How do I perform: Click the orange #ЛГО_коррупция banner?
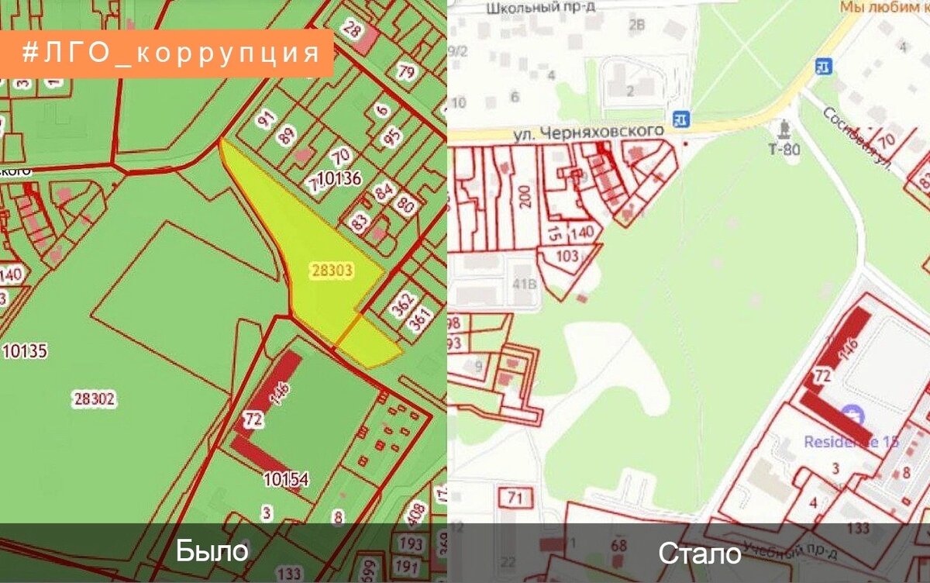tap(167, 53)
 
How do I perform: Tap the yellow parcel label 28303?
tap(332, 271)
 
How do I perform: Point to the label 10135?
tap(25, 351)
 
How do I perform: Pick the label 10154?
tap(285, 480)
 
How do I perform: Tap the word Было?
tap(212, 550)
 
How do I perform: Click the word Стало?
tap(699, 554)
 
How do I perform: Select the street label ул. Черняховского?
tap(590, 133)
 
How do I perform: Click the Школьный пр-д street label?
tap(545, 9)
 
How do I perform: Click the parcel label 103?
tap(567, 256)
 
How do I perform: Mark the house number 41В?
tap(524, 283)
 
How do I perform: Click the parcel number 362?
tap(401, 305)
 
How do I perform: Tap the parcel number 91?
tap(267, 120)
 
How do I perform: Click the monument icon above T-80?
tap(784, 128)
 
